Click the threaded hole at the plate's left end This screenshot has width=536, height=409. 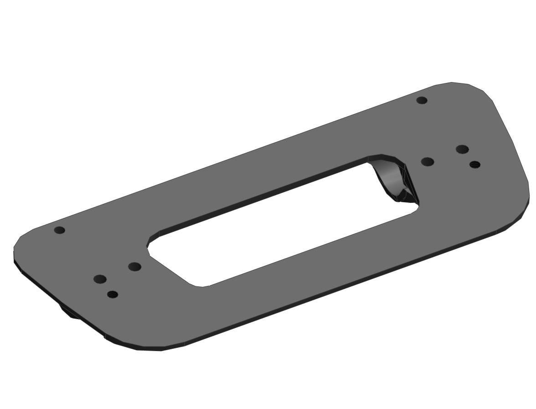tap(113, 295)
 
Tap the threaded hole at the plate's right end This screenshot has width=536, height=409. tap(474, 165)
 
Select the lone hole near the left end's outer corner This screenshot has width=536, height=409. tap(60, 230)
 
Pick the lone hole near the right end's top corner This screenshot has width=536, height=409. tap(422, 100)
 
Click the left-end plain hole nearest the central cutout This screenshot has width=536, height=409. tap(134, 267)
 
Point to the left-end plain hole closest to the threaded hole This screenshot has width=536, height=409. tap(100, 279)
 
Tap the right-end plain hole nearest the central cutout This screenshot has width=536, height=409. tap(428, 162)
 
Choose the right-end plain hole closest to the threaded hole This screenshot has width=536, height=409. tap(462, 150)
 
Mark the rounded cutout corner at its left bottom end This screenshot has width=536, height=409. tap(199, 285)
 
